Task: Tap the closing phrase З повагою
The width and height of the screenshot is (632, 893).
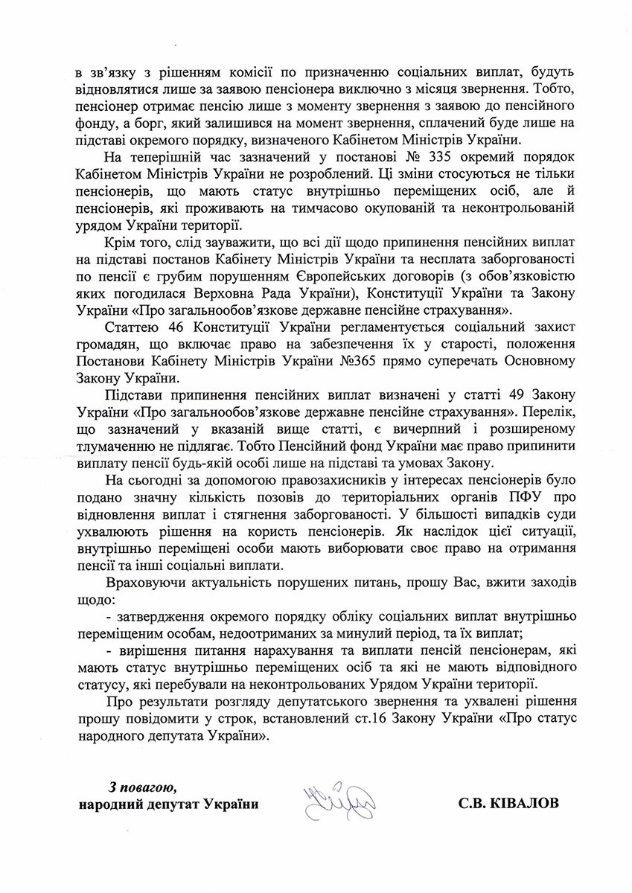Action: pyautogui.click(x=142, y=787)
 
